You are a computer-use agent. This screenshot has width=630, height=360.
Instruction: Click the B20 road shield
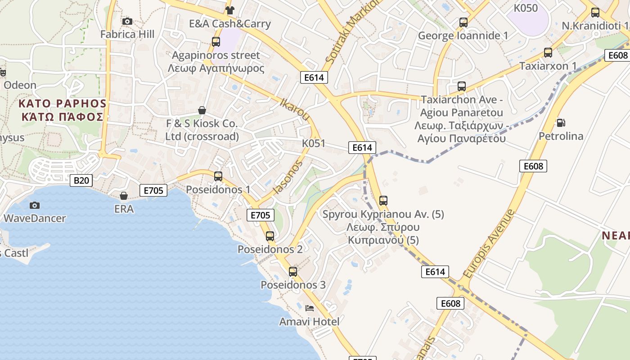tap(81, 181)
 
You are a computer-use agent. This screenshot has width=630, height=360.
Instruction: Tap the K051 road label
tap(313, 143)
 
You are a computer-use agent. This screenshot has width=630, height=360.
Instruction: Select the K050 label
tap(526, 8)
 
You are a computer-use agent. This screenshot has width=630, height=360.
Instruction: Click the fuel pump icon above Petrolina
tap(561, 122)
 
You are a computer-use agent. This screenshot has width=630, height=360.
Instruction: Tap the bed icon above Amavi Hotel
tap(310, 308)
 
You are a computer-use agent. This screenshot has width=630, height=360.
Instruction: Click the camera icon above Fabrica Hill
tap(127, 21)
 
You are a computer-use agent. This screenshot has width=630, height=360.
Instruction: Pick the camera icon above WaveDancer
tap(35, 205)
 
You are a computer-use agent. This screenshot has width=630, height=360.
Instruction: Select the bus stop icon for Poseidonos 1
tap(218, 176)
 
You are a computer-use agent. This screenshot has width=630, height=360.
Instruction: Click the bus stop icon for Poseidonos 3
tap(293, 271)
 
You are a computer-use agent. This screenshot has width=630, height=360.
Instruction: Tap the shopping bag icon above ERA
tap(124, 196)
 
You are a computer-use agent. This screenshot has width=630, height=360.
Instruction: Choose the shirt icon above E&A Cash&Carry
tap(230, 10)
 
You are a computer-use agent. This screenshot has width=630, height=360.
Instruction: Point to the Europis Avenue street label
tap(488, 243)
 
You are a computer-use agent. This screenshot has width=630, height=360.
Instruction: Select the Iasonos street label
tap(286, 177)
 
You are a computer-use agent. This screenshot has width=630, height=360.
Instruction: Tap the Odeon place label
tap(20, 85)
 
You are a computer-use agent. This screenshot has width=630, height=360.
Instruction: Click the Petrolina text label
tap(561, 136)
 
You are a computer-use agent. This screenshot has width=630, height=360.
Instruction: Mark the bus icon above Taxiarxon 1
tap(548, 52)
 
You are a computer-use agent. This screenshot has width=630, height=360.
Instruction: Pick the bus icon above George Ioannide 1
tap(463, 22)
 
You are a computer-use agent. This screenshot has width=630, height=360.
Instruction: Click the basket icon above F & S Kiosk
tap(202, 110)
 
